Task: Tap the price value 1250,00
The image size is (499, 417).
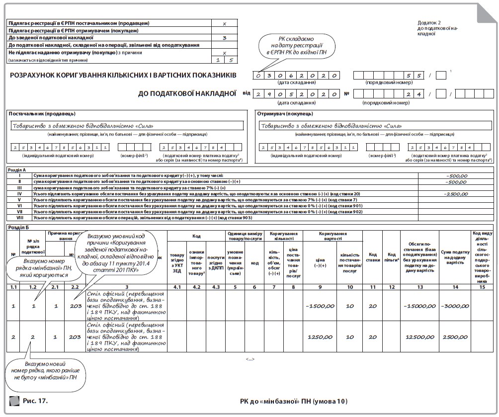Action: coord(321,337)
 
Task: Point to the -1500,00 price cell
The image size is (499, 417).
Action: coord(320,306)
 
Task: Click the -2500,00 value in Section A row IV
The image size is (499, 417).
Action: coord(455,194)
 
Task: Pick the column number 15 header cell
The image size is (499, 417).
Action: coord(482,287)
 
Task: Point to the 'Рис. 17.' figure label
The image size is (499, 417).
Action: coord(35,400)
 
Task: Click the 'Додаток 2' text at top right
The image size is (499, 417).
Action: coord(429,23)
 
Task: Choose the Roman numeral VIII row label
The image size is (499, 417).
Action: coord(20,217)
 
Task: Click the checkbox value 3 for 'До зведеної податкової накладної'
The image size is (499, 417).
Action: coord(224,37)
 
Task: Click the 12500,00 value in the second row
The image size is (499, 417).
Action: coord(420,337)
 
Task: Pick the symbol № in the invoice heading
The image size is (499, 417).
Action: coord(348,93)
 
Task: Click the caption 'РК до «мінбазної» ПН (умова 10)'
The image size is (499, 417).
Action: coord(294,401)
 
